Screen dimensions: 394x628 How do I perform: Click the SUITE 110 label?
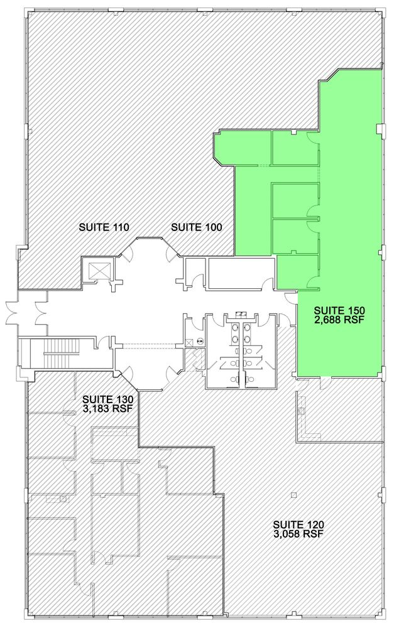(104, 227)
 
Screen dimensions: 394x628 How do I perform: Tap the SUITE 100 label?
(197, 227)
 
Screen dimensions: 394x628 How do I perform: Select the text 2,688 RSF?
(339, 320)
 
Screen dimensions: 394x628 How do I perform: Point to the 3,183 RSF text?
(107, 408)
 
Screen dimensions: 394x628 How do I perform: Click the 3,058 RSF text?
(298, 533)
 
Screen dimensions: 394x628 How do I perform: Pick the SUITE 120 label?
(298, 524)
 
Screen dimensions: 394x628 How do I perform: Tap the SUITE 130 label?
(107, 399)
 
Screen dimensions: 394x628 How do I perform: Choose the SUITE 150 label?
(339, 310)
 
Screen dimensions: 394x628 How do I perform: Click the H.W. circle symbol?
(200, 341)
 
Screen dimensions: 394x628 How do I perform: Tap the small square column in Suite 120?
(294, 495)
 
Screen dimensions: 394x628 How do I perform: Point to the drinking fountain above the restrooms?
(241, 313)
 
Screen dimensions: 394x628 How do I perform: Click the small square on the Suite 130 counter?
(63, 498)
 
